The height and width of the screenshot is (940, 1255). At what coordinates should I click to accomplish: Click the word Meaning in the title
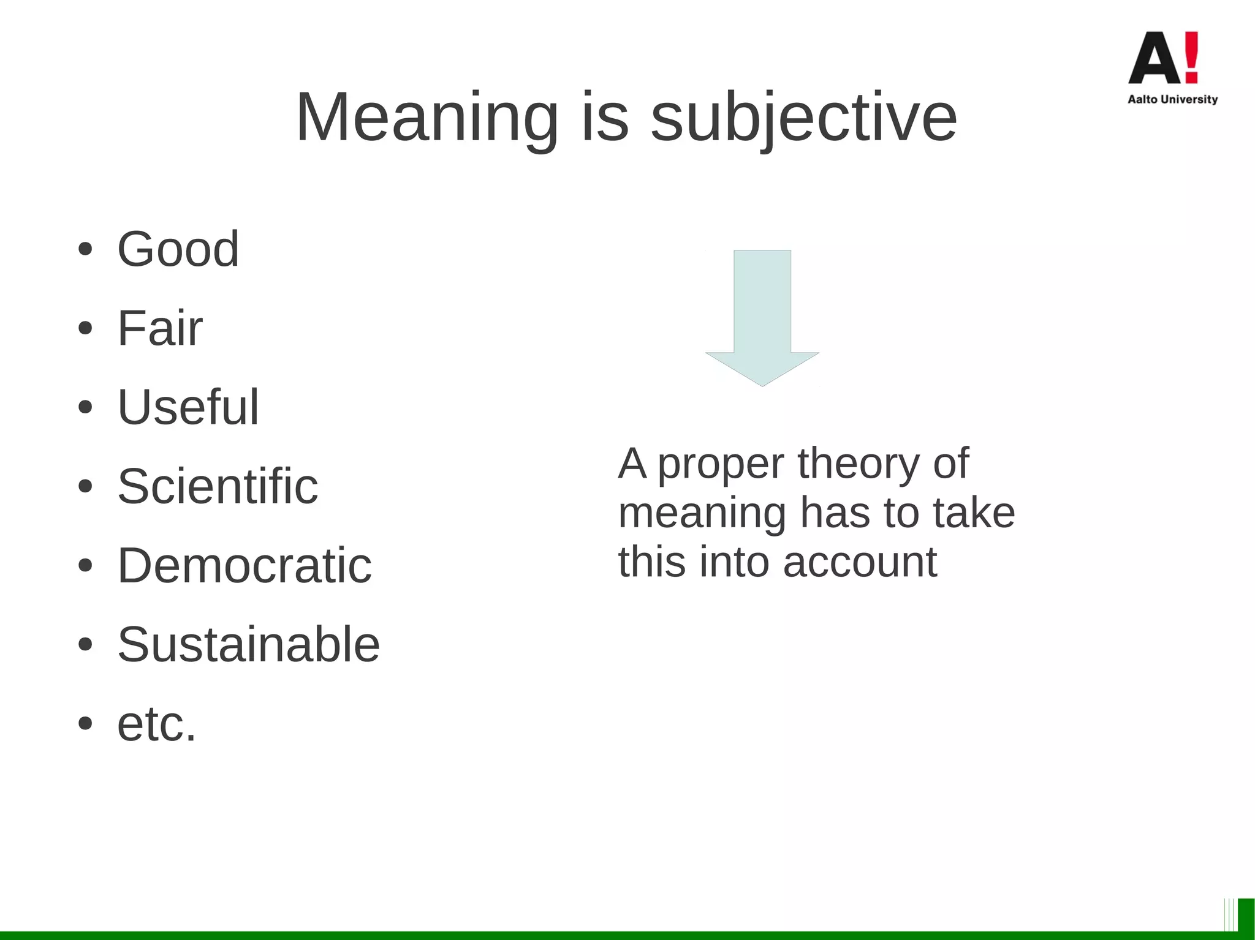point(427,117)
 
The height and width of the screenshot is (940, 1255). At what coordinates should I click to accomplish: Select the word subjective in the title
point(803,117)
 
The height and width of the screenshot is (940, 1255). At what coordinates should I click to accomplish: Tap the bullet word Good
point(178,249)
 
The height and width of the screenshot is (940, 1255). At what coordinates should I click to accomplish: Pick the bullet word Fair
point(159,328)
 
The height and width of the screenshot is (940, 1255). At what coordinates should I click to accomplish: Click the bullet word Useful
point(188,407)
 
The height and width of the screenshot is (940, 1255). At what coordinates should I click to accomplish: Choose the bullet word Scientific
point(218,486)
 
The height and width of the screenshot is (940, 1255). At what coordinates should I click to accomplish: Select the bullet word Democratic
point(245,565)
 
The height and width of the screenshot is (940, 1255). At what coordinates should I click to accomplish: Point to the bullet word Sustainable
point(248,644)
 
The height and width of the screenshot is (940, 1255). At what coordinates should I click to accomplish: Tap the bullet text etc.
point(157,724)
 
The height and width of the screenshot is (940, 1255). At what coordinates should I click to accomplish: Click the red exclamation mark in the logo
point(1191,57)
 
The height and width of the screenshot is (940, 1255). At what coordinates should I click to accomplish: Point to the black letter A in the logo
point(1154,59)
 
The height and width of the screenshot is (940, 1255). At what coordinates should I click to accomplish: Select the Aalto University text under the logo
point(1172,99)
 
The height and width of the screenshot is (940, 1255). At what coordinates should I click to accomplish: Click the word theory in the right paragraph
point(859,464)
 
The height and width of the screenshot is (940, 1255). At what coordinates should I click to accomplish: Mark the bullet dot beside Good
point(85,250)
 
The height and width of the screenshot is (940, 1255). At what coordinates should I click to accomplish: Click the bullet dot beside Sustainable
point(85,644)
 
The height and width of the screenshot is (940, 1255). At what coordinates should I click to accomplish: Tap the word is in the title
point(605,117)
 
